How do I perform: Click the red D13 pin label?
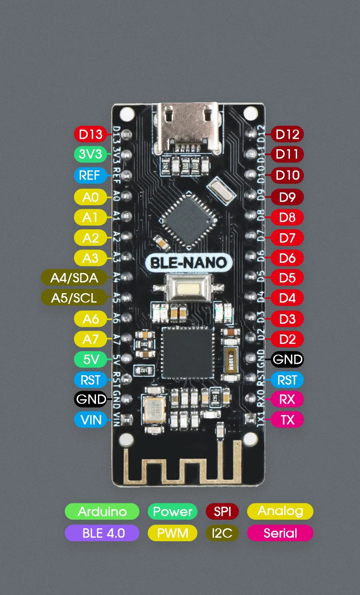coord(91,134)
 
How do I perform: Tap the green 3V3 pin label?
coord(91,155)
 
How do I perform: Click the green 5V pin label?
coord(91,359)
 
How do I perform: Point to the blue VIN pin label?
coord(91,420)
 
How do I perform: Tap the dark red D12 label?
coord(288,134)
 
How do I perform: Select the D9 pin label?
coord(288,197)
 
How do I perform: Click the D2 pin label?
coord(288,339)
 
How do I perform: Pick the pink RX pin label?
coord(288,399)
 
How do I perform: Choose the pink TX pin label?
coord(288,420)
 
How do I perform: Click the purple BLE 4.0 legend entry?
coord(102,533)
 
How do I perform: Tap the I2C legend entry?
coord(222,533)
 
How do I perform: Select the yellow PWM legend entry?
coord(173,533)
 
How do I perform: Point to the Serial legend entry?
coord(280,533)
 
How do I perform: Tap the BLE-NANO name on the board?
coord(189,263)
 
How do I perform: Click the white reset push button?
coord(187,288)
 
